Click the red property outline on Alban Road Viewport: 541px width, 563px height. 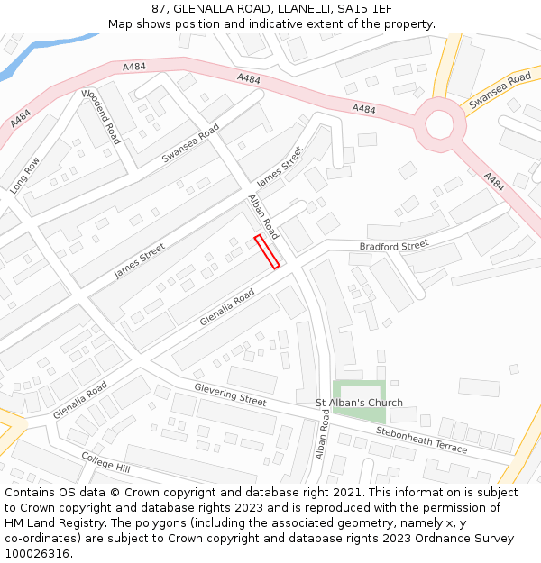(x=266, y=251)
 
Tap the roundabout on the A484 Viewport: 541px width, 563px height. (x=439, y=124)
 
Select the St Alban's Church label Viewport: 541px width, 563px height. (x=359, y=403)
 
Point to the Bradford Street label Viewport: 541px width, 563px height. (x=394, y=246)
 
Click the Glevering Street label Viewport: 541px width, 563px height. (x=230, y=394)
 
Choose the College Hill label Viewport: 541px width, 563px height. (x=105, y=463)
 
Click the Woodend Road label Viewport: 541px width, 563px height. (x=101, y=117)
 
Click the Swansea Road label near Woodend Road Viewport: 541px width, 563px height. (x=190, y=144)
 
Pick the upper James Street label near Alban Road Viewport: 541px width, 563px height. (x=280, y=168)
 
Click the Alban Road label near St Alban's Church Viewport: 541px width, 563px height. (x=322, y=434)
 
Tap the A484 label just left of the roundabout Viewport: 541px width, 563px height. (x=363, y=109)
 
